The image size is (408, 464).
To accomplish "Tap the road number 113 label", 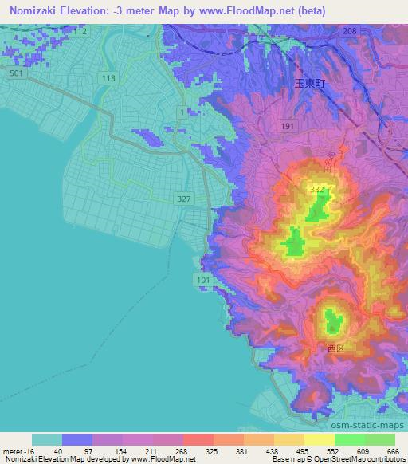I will [108, 77].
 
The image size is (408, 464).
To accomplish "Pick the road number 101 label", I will [202, 280].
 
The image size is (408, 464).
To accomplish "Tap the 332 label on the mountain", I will [318, 188].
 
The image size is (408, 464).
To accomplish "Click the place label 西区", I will [335, 348].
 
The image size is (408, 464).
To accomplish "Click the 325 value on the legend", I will [211, 451].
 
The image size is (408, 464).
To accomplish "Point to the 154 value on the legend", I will [121, 451].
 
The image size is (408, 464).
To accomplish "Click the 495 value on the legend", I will [301, 451].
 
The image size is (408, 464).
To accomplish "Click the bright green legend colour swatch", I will [350, 439].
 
